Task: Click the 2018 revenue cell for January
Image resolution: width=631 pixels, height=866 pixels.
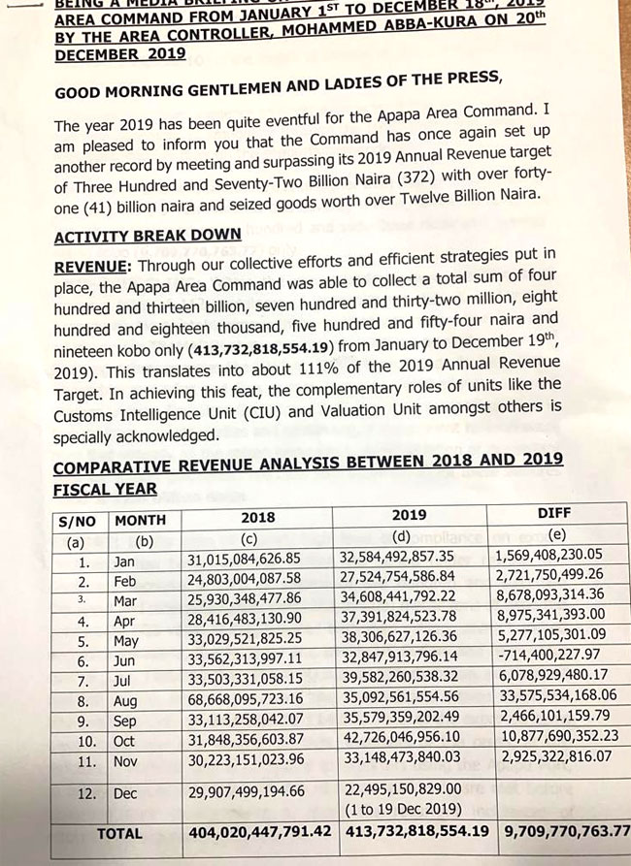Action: pyautogui.click(x=255, y=561)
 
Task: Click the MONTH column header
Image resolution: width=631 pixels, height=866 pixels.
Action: pyautogui.click(x=140, y=520)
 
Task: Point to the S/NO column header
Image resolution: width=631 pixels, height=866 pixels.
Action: pyautogui.click(x=78, y=521)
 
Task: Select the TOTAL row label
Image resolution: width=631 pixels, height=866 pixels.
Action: pyautogui.click(x=119, y=833)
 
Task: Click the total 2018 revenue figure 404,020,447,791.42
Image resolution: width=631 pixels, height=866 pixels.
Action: pyautogui.click(x=259, y=831)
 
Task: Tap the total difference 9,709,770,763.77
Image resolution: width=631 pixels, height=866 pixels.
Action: pyautogui.click(x=567, y=830)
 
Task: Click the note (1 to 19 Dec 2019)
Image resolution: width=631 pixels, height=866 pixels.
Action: pyautogui.click(x=400, y=806)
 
